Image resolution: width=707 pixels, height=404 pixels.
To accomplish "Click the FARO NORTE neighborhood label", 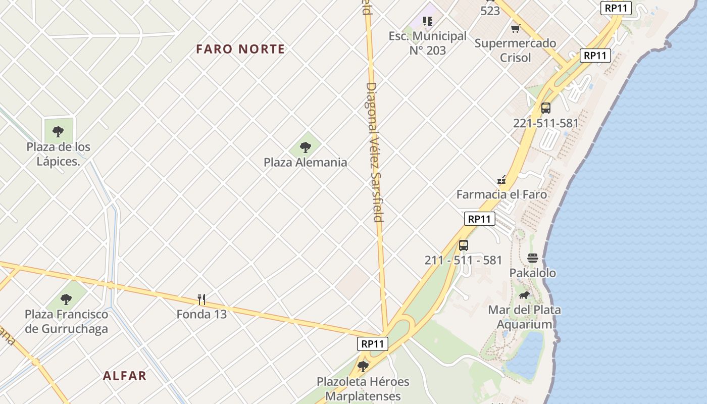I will tap(240, 49).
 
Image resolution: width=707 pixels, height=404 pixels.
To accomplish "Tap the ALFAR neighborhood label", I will tap(125, 376).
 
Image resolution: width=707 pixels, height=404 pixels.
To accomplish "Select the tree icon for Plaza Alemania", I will tap(305, 147).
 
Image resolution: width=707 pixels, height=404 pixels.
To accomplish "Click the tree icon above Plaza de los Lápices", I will tap(58, 132).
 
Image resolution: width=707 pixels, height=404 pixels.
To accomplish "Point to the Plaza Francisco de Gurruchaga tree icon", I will tap(66, 299).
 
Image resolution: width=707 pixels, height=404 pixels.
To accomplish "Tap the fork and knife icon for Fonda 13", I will tap(201, 299).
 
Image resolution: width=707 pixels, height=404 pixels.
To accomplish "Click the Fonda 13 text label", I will tap(201, 314).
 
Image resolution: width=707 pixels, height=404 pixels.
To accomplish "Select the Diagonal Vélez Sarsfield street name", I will tap(374, 151).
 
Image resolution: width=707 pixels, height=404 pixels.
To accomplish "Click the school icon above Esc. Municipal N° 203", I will tap(428, 21).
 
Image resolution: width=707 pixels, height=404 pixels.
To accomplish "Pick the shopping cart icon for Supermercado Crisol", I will tap(515, 28).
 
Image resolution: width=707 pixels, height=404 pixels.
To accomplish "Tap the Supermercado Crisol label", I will tap(515, 50).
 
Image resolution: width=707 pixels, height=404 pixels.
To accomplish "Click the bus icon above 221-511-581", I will tap(546, 108).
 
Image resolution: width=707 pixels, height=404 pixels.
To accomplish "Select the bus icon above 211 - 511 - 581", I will tap(464, 245).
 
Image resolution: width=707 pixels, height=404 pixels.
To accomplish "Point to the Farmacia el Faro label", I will tap(501, 194).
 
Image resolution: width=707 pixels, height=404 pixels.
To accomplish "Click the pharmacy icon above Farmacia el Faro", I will tap(501, 179).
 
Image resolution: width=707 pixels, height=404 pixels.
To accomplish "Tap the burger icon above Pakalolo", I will tap(532, 258).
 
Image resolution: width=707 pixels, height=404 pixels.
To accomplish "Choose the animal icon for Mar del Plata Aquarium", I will tap(524, 295).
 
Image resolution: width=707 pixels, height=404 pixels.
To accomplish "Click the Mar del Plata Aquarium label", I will tap(524, 317).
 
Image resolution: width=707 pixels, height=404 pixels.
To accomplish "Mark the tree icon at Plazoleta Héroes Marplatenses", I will tap(363, 366).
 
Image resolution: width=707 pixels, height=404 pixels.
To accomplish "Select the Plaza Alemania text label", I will tap(305, 162).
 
